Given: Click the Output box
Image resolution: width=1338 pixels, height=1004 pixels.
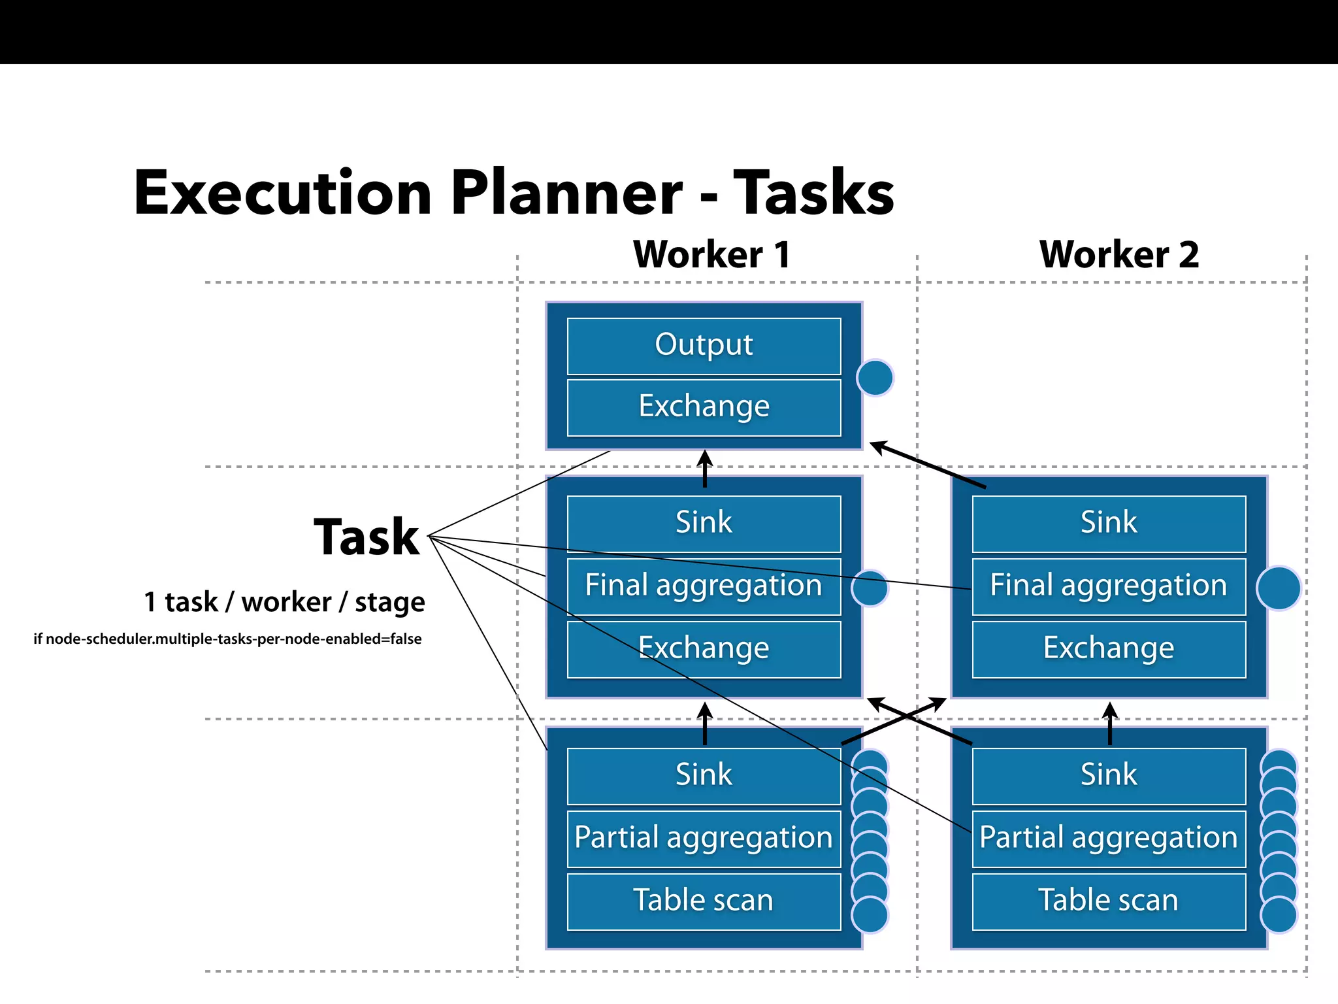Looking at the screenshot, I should pos(704,346).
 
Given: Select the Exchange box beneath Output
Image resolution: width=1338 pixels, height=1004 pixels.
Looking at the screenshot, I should pos(704,407).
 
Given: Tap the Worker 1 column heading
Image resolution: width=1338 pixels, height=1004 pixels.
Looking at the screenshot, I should pos(711,254).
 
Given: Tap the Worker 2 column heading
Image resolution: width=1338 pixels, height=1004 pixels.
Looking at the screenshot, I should pos(1118,254).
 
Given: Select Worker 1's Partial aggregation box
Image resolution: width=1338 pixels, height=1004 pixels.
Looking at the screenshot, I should pos(704,839).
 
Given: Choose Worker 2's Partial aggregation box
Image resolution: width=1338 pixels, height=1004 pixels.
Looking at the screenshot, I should pos(1109,839).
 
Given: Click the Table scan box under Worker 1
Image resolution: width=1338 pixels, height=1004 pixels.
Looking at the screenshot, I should pos(704,901).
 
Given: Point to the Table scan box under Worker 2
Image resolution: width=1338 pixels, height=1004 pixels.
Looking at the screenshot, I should pos(1109,901).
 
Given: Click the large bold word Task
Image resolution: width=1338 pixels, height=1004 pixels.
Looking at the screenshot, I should pos(367,537).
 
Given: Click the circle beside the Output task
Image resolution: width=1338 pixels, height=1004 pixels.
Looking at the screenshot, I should pos(875,378).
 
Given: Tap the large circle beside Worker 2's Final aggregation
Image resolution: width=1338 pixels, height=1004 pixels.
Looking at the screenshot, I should pos(1279,588).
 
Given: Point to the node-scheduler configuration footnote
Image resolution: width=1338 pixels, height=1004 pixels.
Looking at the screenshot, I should pos(227,639).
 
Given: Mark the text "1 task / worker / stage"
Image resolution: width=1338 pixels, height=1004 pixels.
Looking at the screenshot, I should pos(284,602).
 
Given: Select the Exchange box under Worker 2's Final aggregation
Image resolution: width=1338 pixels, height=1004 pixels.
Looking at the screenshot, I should pos(1109,649).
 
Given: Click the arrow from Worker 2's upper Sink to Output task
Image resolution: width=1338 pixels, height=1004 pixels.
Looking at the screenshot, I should pos(928,465).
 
